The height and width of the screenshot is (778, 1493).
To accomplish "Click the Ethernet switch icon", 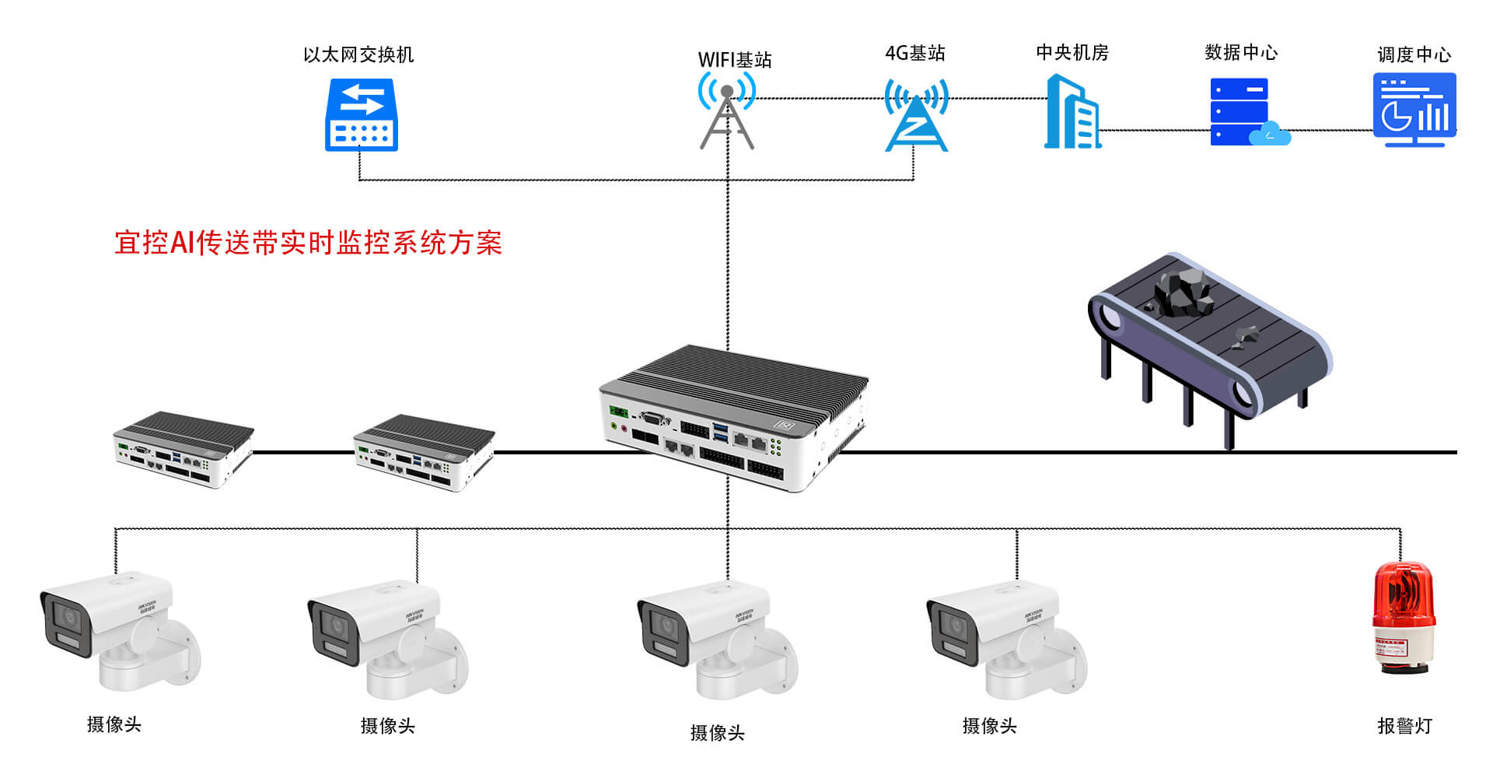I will [x=361, y=115].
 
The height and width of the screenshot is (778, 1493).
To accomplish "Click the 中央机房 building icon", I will [x=1072, y=112].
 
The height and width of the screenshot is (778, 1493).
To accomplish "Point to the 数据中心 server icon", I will [x=1240, y=111].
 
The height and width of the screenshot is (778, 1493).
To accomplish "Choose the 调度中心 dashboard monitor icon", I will [x=1414, y=110].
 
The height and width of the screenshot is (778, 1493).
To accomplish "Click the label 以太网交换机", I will [x=358, y=54].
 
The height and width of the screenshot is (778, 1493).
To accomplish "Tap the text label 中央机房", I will [x=1072, y=52].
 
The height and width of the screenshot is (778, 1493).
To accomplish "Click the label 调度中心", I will [x=1414, y=54].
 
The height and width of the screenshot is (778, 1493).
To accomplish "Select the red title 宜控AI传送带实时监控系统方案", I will [x=308, y=243].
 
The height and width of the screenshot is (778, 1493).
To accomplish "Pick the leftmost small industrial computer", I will [x=184, y=449].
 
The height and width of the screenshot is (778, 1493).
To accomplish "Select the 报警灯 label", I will [x=1404, y=726].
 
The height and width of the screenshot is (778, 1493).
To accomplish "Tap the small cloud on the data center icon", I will [x=1271, y=134].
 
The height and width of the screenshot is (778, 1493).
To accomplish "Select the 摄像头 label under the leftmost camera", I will [x=114, y=724].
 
